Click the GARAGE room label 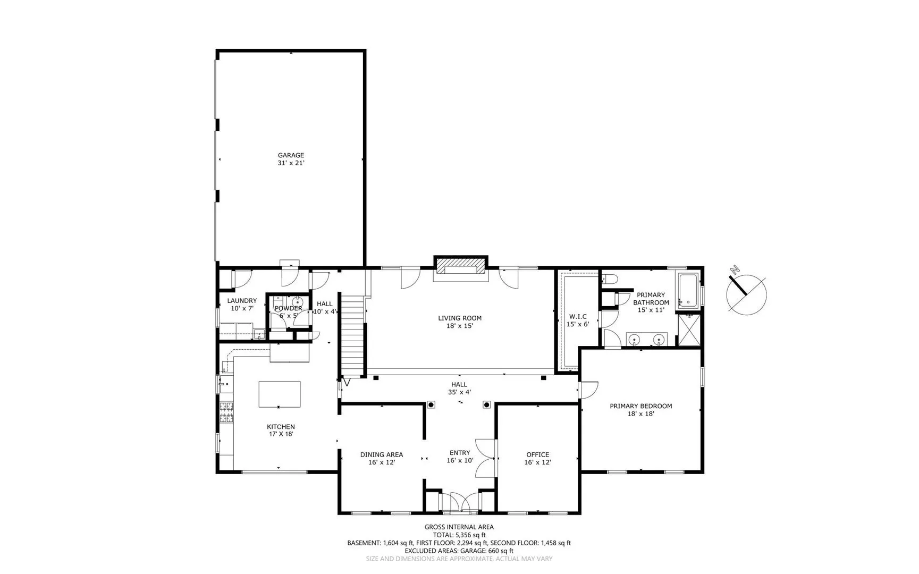click(291, 155)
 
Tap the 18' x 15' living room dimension click(460, 326)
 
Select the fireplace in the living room click(461, 265)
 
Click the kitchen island click(280, 394)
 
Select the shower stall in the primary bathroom click(689, 330)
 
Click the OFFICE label click(537, 454)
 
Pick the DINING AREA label click(382, 454)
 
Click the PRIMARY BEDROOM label click(640, 406)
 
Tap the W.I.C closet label click(578, 316)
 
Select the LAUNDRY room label click(242, 301)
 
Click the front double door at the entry click(461, 502)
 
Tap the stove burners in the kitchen click(227, 413)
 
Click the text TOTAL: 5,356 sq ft click(459, 535)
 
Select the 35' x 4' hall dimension click(459, 392)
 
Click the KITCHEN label click(281, 427)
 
